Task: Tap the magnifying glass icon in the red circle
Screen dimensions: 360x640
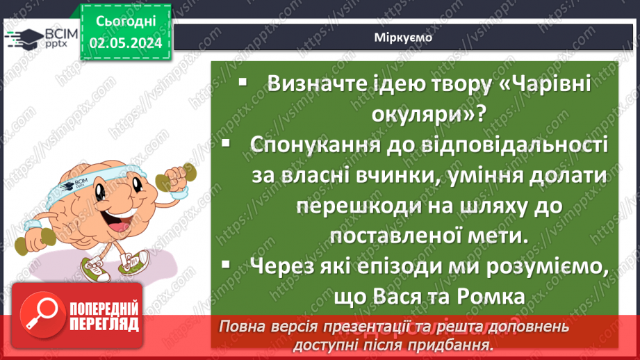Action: point(40,314)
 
